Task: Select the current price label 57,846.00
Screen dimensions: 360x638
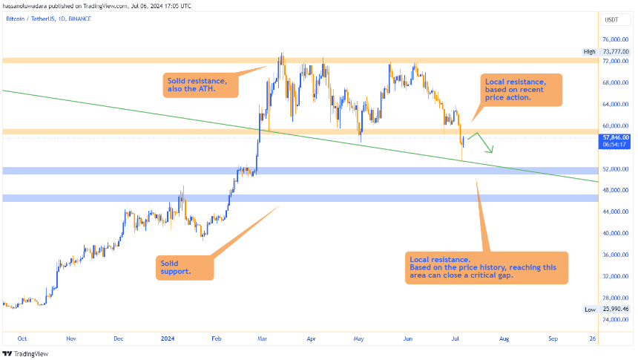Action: (x=615, y=137)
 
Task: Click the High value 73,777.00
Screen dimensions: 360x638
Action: (x=615, y=51)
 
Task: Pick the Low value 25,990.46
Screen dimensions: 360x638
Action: (x=615, y=309)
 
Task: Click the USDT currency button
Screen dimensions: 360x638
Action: (x=613, y=19)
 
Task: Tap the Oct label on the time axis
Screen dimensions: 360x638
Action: (x=22, y=338)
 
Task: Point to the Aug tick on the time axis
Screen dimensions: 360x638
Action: (x=504, y=338)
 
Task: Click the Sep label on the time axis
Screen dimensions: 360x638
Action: (x=553, y=338)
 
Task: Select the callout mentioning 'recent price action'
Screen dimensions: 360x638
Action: (x=519, y=89)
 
